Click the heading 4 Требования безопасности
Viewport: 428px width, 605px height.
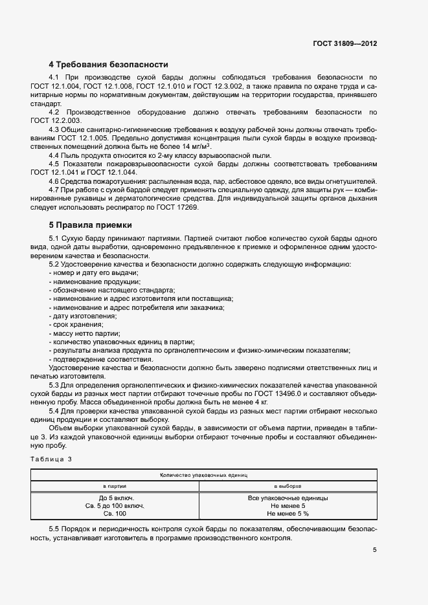pos(109,65)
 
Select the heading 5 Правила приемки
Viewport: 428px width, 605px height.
pos(91,225)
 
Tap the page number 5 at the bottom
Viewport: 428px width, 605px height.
pos(375,550)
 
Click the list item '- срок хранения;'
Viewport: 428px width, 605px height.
pos(76,324)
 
